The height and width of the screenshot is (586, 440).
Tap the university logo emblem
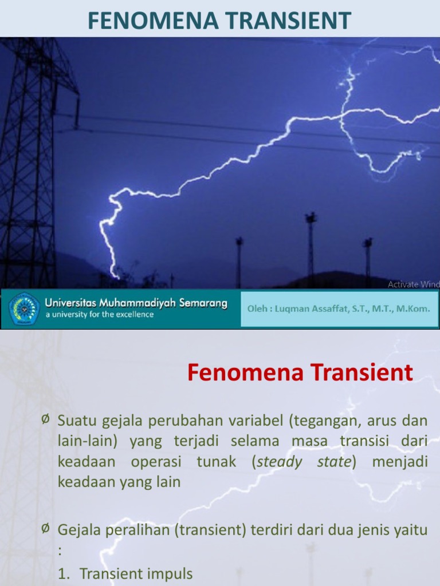pyautogui.click(x=24, y=309)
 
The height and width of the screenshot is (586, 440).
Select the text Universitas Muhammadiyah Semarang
pyautogui.click(x=136, y=303)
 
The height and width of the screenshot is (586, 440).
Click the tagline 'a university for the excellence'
pyautogui.click(x=100, y=315)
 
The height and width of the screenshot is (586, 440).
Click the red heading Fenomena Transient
pyautogui.click(x=300, y=373)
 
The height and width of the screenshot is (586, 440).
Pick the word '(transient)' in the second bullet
pyautogui.click(x=213, y=530)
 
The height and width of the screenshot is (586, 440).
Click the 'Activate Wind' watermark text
pyautogui.click(x=413, y=284)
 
